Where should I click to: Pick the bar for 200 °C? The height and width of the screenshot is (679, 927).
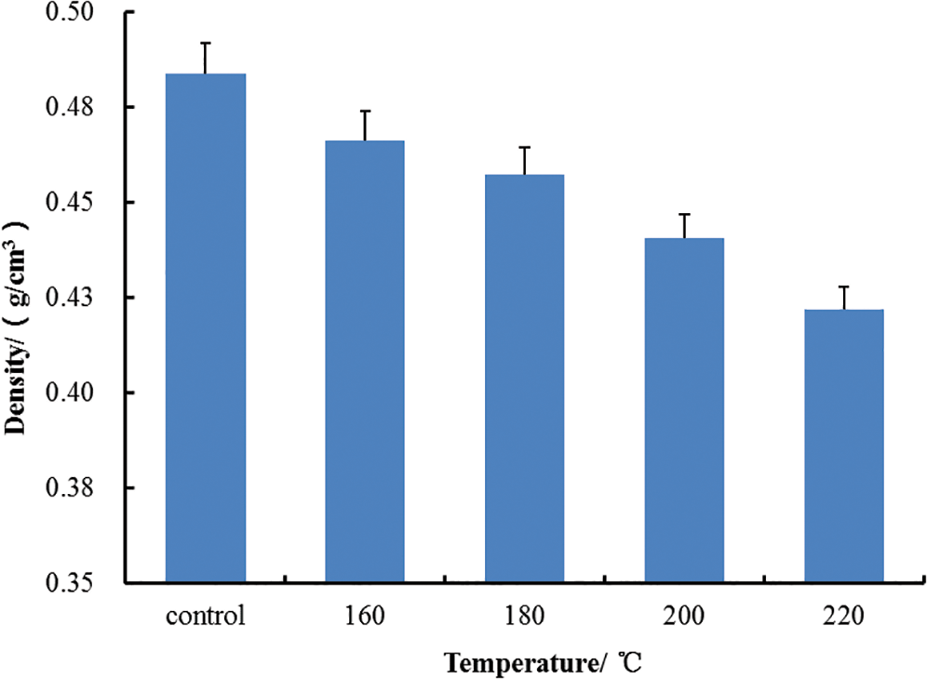684,409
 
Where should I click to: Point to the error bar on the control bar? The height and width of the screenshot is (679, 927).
205,58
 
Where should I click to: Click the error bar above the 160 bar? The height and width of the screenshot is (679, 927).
364,126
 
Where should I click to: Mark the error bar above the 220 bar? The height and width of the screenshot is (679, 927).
843,298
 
